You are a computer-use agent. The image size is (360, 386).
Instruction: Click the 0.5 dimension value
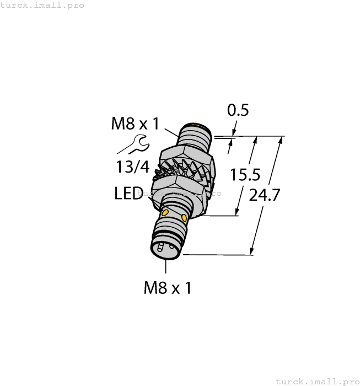(x=238, y=110)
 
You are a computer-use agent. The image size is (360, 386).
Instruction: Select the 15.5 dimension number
(x=245, y=175)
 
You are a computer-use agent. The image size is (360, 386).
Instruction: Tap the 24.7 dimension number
(x=265, y=195)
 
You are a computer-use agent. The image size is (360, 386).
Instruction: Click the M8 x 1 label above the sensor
(x=135, y=123)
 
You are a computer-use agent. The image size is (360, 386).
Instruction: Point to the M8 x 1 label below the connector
(x=167, y=287)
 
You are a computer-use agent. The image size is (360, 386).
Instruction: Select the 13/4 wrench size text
(x=133, y=167)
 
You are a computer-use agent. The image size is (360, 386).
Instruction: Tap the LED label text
(x=128, y=194)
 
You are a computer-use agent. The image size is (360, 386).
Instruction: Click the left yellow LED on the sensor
(x=166, y=212)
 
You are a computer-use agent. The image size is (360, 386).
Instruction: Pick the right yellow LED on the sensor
(x=184, y=218)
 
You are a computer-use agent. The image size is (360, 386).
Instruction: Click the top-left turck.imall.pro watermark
(x=42, y=5)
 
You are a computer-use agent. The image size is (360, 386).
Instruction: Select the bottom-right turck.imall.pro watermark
(x=316, y=381)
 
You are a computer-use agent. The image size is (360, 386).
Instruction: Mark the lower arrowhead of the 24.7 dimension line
(x=253, y=252)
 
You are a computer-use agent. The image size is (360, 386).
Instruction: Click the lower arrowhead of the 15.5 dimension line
(x=238, y=212)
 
